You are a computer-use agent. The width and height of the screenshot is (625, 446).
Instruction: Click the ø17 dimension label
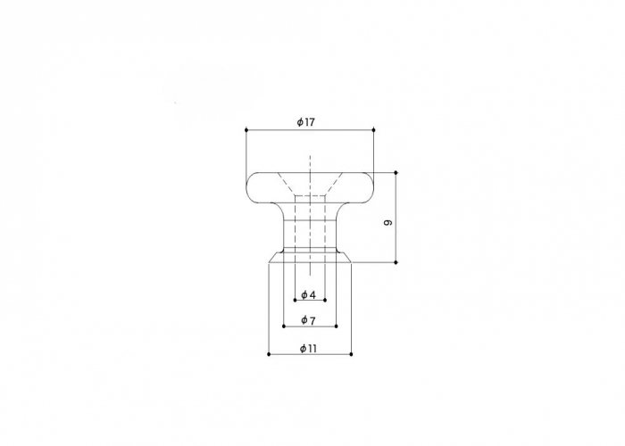305,122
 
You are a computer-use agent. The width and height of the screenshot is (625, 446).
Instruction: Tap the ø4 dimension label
309,294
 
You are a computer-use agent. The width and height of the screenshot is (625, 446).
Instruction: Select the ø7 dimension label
309,319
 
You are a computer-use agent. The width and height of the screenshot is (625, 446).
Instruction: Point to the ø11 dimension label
308,349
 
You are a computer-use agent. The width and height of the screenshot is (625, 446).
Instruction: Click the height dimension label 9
387,222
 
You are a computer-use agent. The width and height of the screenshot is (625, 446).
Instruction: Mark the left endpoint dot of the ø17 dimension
246,130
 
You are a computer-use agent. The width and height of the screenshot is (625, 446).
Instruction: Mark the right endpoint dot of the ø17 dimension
373,130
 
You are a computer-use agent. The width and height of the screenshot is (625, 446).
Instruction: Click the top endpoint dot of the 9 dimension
396,172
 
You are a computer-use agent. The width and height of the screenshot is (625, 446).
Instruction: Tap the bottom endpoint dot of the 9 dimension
396,262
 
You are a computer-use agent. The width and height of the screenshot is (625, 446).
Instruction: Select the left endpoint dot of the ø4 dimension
295,300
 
